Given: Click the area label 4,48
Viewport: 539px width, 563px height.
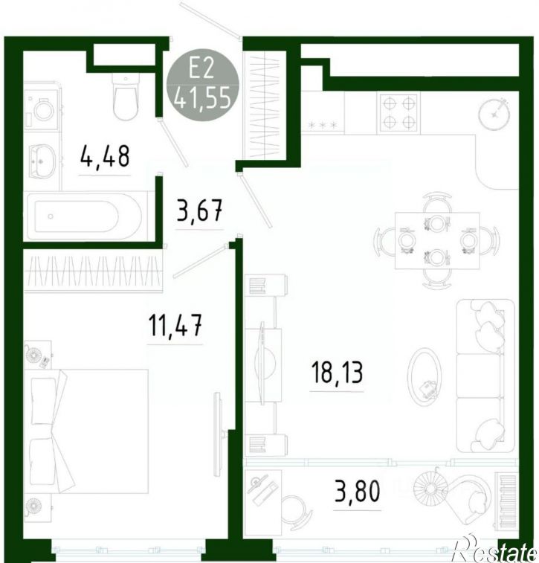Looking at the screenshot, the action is tap(104, 156).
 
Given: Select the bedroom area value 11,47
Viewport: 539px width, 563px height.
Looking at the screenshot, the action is tap(175, 325).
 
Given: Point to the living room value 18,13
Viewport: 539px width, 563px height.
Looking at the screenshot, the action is tap(337, 373).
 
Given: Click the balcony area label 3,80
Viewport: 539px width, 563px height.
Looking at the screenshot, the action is tap(357, 491).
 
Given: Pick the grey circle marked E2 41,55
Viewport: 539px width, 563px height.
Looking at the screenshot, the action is tap(203, 85).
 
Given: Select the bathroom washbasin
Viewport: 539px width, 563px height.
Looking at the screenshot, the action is tap(42, 161).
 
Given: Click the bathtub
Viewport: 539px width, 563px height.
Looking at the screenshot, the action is tap(85, 216).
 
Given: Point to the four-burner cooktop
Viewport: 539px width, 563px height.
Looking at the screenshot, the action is tap(398, 113).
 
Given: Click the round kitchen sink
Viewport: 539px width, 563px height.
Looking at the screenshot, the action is tap(494, 114).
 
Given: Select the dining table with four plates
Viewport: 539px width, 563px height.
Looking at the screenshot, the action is tap(437, 240).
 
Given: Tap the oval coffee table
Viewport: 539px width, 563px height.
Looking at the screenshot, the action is tap(425, 376).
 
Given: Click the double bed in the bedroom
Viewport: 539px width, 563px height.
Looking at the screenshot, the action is tap(86, 431).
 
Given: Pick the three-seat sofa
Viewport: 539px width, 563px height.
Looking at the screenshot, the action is tap(485, 376).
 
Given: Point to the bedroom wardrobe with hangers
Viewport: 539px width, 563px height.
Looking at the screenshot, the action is tap(93, 271).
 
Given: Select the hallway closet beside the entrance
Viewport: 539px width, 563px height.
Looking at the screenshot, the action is tap(265, 104).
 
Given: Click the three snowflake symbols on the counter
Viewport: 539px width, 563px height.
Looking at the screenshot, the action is tap(323, 125).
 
